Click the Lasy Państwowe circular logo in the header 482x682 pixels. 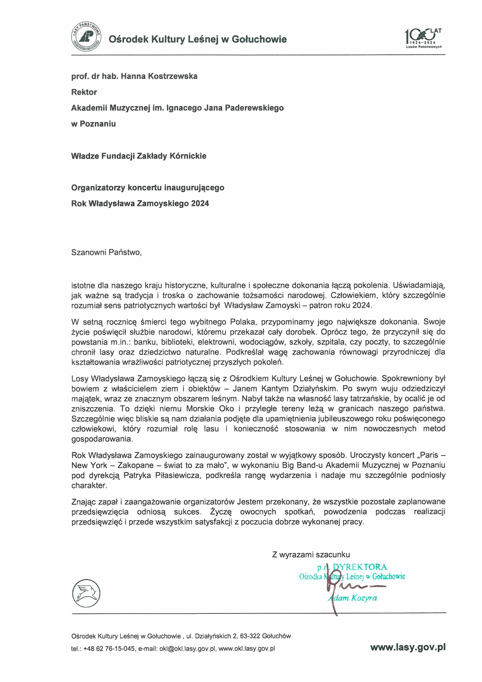click(86, 37)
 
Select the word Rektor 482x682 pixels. click(84, 92)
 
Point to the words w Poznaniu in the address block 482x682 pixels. click(93, 124)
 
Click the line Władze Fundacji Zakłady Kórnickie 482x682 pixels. click(139, 156)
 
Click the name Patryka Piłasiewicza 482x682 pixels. click(162, 475)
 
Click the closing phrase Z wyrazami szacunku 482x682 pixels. click(311, 554)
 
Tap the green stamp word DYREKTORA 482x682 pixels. click(360, 567)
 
